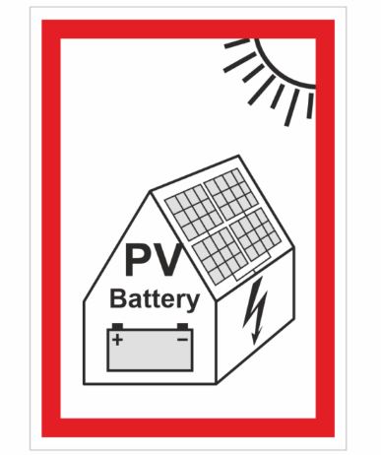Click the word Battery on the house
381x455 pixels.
point(155,299)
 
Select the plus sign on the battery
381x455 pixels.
point(117,340)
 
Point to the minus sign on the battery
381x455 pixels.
point(182,339)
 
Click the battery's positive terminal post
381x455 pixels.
point(117,326)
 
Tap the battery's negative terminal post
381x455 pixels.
point(182,326)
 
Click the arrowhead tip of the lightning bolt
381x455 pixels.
point(254,345)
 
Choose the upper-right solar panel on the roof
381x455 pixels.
point(231,194)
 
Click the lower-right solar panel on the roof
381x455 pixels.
point(256,233)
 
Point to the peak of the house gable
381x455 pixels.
point(151,191)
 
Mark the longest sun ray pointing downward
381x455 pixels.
point(291,107)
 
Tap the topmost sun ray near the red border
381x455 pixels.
point(237,43)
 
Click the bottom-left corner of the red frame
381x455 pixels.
point(42,436)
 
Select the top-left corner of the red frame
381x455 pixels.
point(42,21)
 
